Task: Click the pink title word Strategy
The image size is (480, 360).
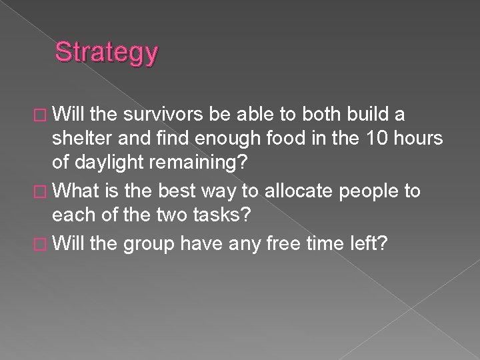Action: pos(107,52)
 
